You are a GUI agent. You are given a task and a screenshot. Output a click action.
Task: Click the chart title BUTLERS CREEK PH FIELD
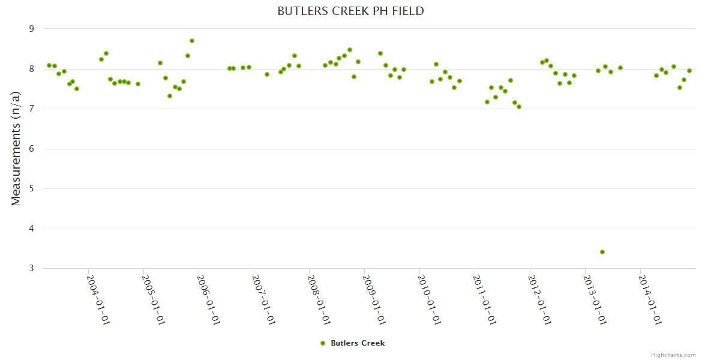(350, 11)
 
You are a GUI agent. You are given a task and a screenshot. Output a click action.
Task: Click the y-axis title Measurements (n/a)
(16, 148)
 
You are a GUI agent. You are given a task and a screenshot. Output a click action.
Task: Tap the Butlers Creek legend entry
(357, 343)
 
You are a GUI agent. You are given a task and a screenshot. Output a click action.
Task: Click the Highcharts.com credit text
(673, 355)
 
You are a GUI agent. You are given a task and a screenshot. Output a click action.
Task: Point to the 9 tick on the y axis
(32, 29)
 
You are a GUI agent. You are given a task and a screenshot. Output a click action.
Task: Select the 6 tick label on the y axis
(32, 149)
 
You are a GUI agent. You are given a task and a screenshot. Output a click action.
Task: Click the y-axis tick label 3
(32, 269)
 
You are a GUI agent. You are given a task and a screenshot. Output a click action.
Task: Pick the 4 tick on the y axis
(32, 229)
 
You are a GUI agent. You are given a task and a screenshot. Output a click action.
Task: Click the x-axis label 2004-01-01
(98, 299)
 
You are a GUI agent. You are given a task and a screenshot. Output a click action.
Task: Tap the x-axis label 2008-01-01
(319, 299)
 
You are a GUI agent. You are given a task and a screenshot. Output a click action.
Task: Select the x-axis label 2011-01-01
(484, 299)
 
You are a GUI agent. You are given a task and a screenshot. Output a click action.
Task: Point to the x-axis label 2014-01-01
(650, 299)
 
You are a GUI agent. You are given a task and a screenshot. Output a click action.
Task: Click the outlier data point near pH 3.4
(602, 252)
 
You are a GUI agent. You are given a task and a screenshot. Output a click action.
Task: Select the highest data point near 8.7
(192, 41)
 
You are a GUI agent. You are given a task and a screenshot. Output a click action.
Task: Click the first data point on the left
(49, 65)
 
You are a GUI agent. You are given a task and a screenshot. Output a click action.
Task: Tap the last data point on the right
(689, 71)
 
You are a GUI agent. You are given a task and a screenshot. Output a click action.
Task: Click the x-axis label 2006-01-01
(208, 299)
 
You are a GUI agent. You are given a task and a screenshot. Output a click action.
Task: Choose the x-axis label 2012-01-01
(539, 299)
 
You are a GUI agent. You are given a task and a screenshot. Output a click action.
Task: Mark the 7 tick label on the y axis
(32, 109)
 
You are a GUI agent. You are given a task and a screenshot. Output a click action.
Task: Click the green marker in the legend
(323, 343)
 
